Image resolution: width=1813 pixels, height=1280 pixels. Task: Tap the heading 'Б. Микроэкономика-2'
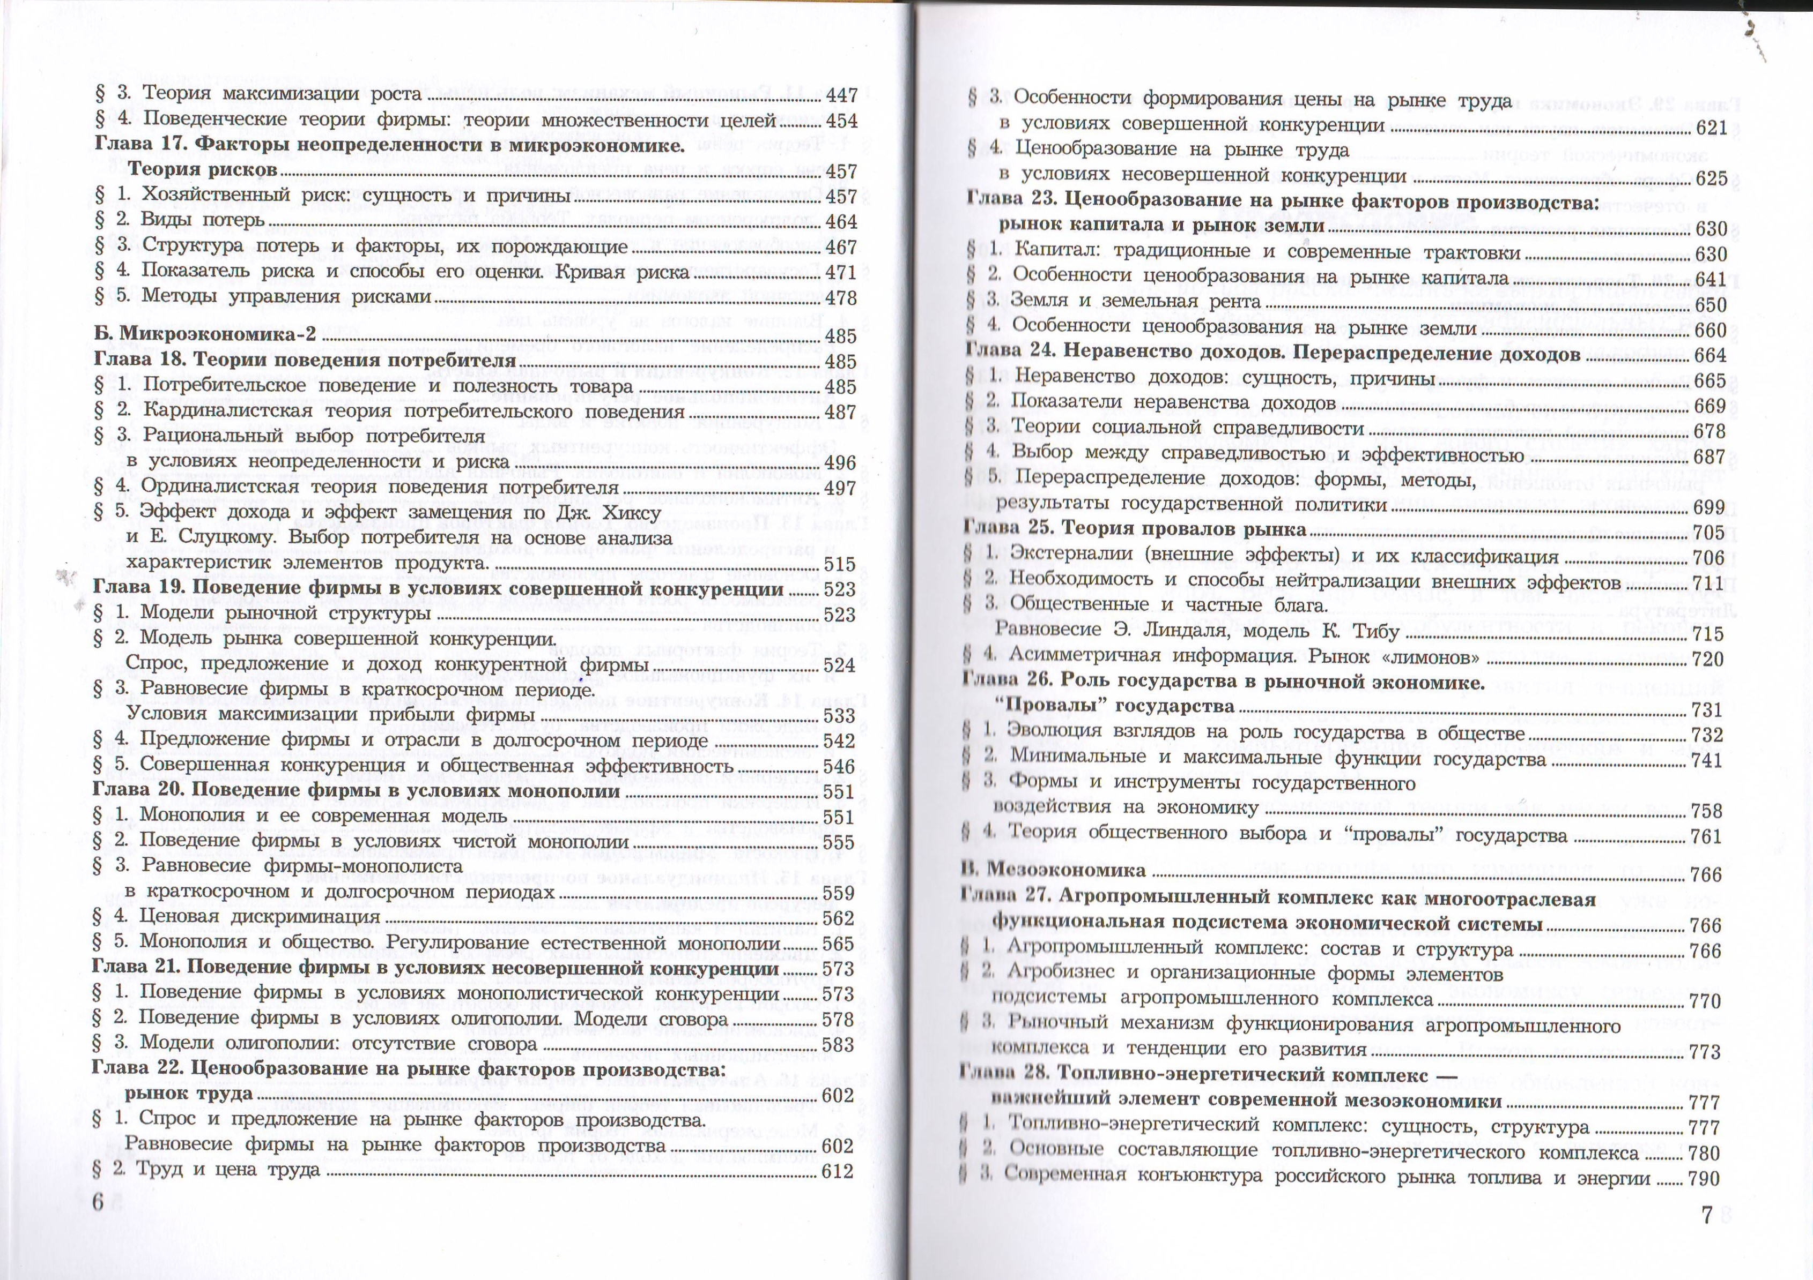[204, 334]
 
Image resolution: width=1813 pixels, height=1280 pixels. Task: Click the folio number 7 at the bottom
[1707, 1216]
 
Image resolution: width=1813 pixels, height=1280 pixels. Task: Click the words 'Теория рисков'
[202, 170]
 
